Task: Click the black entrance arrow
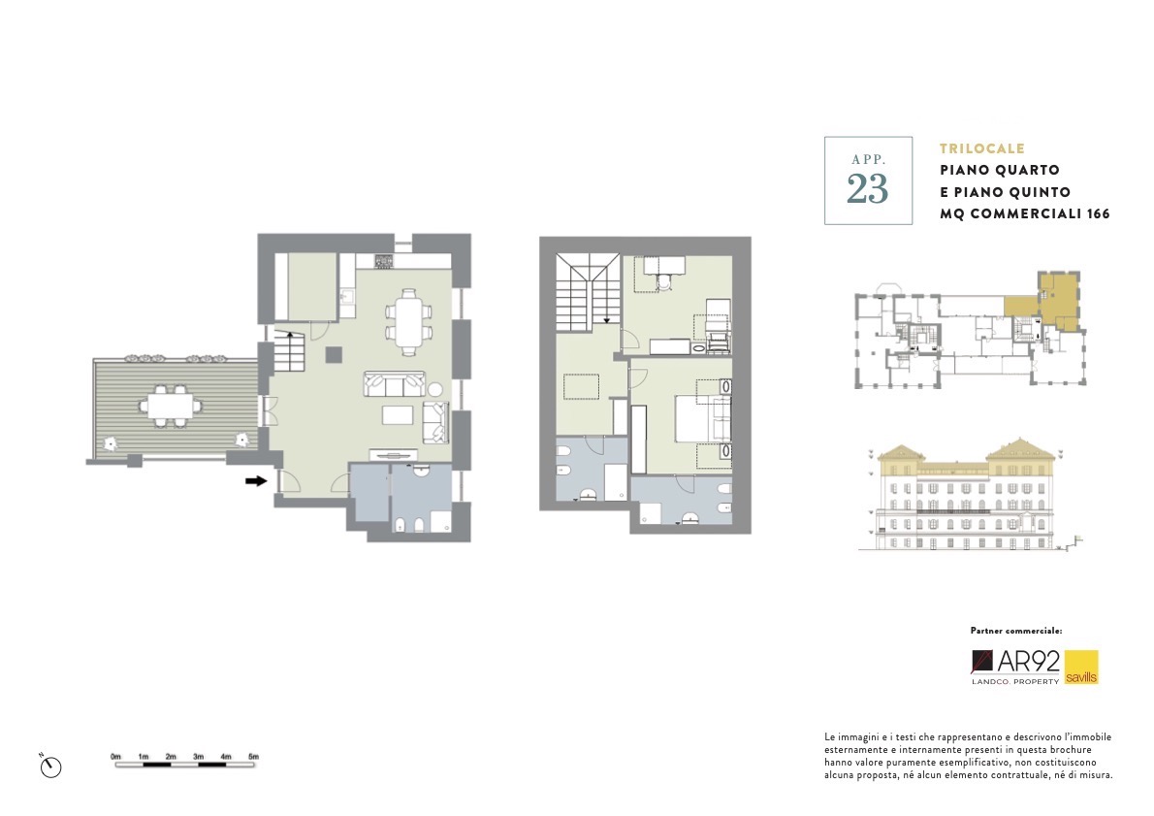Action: [256, 481]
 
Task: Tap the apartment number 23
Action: [868, 188]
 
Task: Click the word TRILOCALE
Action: [981, 148]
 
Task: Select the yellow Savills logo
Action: [1081, 668]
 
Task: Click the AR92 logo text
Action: [1028, 662]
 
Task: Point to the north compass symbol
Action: [50, 766]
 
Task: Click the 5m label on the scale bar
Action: [253, 757]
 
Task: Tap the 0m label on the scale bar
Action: [115, 757]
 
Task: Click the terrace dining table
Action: [171, 406]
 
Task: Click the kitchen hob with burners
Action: [383, 260]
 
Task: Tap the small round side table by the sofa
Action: [435, 390]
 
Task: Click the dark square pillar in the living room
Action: [335, 355]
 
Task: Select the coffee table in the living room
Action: [399, 414]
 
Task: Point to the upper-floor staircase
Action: [588, 292]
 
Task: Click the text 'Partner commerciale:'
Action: [1015, 631]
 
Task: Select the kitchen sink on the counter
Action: [347, 297]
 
